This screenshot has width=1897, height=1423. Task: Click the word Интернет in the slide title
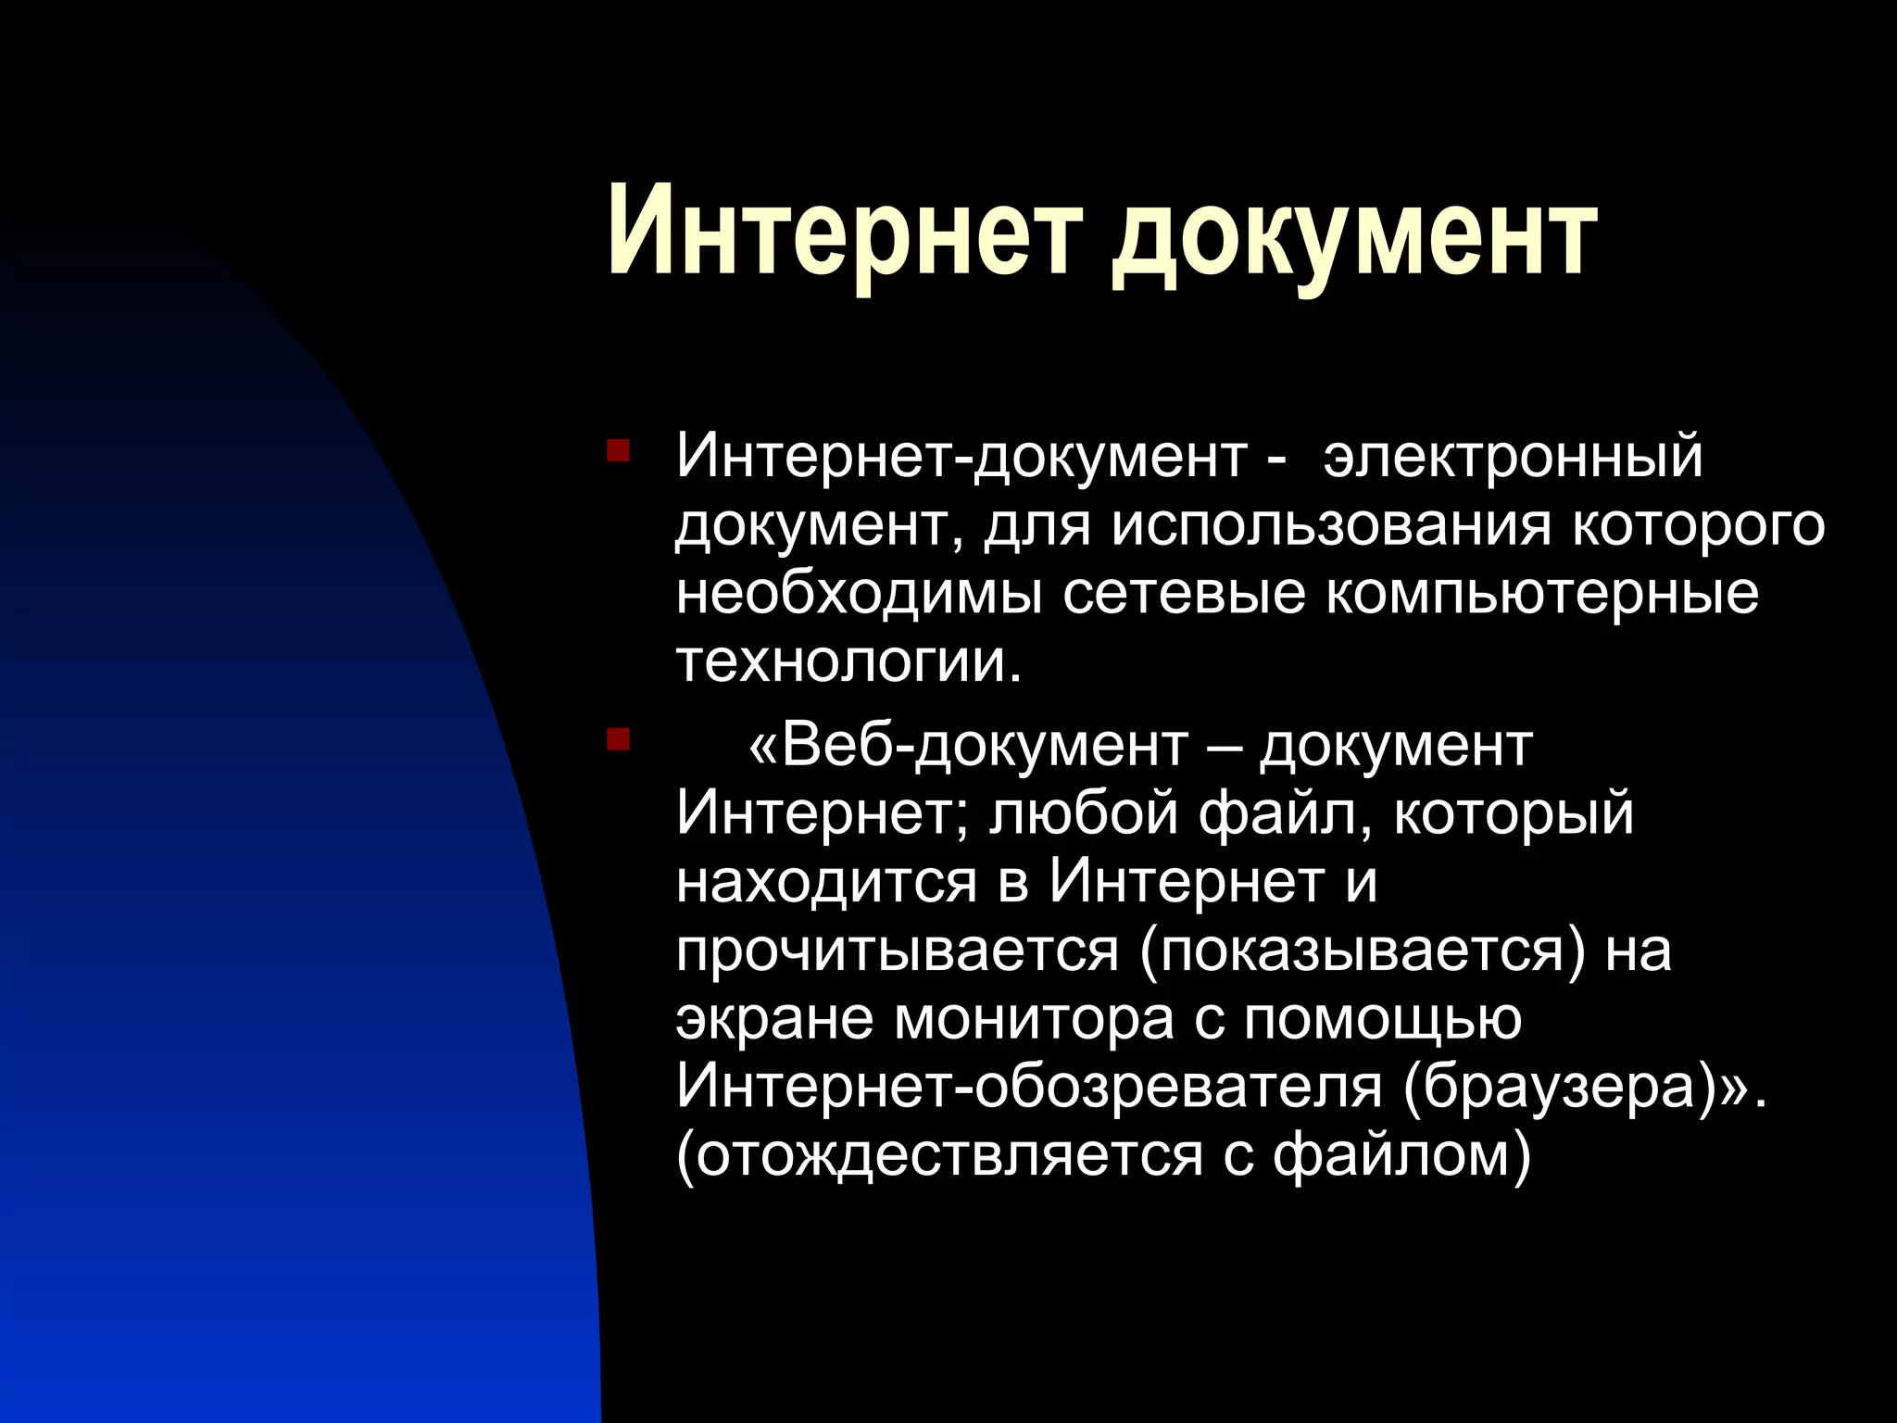point(842,232)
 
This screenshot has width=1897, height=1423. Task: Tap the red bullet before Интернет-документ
point(618,452)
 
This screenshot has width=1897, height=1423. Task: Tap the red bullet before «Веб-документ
point(618,740)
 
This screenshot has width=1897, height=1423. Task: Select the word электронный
point(1513,457)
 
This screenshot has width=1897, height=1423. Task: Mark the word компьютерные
point(1542,594)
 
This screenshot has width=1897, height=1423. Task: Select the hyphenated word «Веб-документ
point(968,744)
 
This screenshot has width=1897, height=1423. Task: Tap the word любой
point(1083,812)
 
